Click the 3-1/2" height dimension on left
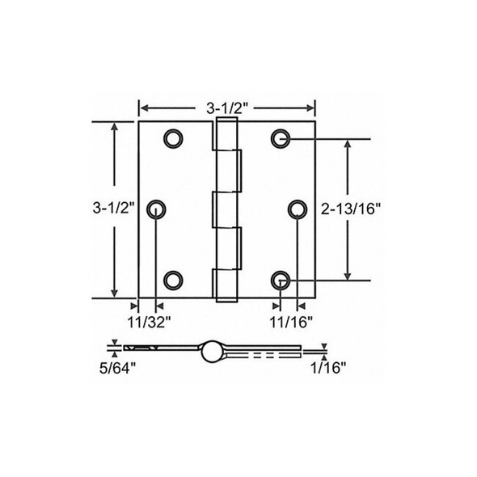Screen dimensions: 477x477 [x=107, y=209]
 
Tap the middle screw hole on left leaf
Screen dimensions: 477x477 [x=156, y=209]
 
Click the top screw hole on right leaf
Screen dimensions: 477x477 [x=281, y=139]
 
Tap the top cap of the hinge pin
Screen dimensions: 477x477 [x=227, y=120]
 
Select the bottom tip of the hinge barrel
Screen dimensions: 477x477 [x=227, y=299]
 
